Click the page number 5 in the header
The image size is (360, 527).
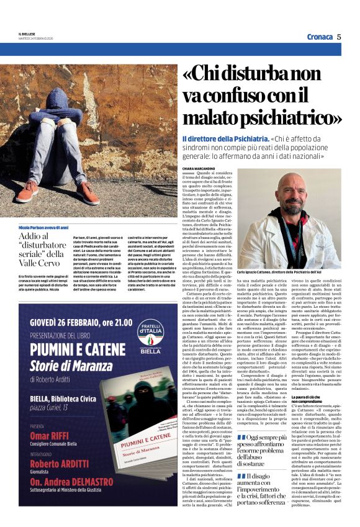pyautogui.click(x=339, y=37)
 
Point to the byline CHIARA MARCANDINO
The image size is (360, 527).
pyautogui.click(x=199, y=168)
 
